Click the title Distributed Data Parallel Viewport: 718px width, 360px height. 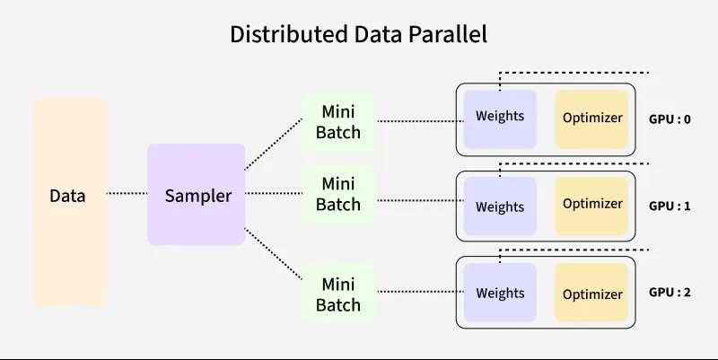(358, 35)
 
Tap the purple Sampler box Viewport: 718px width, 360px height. (197, 194)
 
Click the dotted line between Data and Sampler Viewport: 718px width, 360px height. (127, 193)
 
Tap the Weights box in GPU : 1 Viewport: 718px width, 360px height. (500, 206)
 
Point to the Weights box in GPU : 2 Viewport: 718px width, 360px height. (500, 293)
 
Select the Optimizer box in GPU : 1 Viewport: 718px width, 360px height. (592, 205)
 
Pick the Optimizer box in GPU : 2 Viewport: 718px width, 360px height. (592, 294)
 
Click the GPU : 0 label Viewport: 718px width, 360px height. (670, 118)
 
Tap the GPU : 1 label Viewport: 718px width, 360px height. (670, 206)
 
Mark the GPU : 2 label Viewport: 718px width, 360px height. (670, 293)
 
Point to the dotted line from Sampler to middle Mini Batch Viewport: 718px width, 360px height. (274, 193)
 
